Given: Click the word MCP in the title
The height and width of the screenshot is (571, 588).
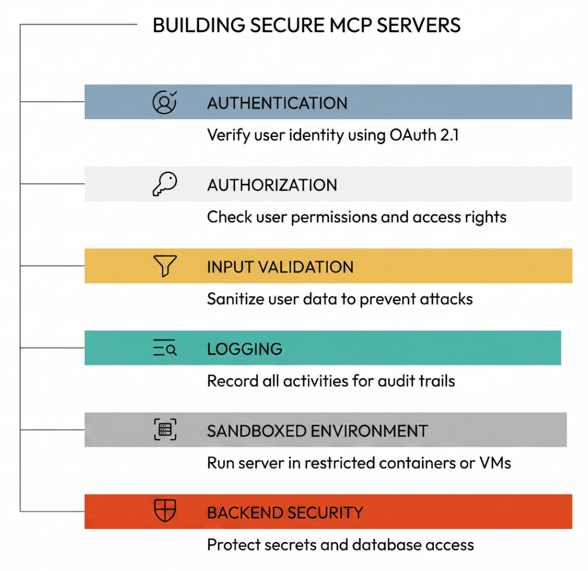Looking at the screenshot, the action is (x=350, y=26).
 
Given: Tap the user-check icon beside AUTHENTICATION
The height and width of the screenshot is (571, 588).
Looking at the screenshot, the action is (x=164, y=102).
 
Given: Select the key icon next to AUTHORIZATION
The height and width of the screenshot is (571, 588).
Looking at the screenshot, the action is (x=164, y=184).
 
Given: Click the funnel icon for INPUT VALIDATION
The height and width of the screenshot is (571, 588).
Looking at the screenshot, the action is (x=165, y=266).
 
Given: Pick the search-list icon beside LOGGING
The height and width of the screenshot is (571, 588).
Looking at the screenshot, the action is (x=164, y=348).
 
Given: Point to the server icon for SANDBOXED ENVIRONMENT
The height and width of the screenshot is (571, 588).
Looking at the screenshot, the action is (x=165, y=429).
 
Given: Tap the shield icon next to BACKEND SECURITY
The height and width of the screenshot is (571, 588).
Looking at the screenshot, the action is (x=165, y=510).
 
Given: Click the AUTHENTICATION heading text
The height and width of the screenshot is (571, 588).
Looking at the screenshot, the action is (x=277, y=103).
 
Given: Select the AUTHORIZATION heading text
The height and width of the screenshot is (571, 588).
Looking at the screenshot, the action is (x=272, y=185).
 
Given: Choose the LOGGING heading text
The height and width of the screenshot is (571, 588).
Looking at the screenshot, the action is (x=244, y=349).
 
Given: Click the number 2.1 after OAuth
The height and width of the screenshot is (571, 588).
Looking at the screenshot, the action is (x=449, y=135).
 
